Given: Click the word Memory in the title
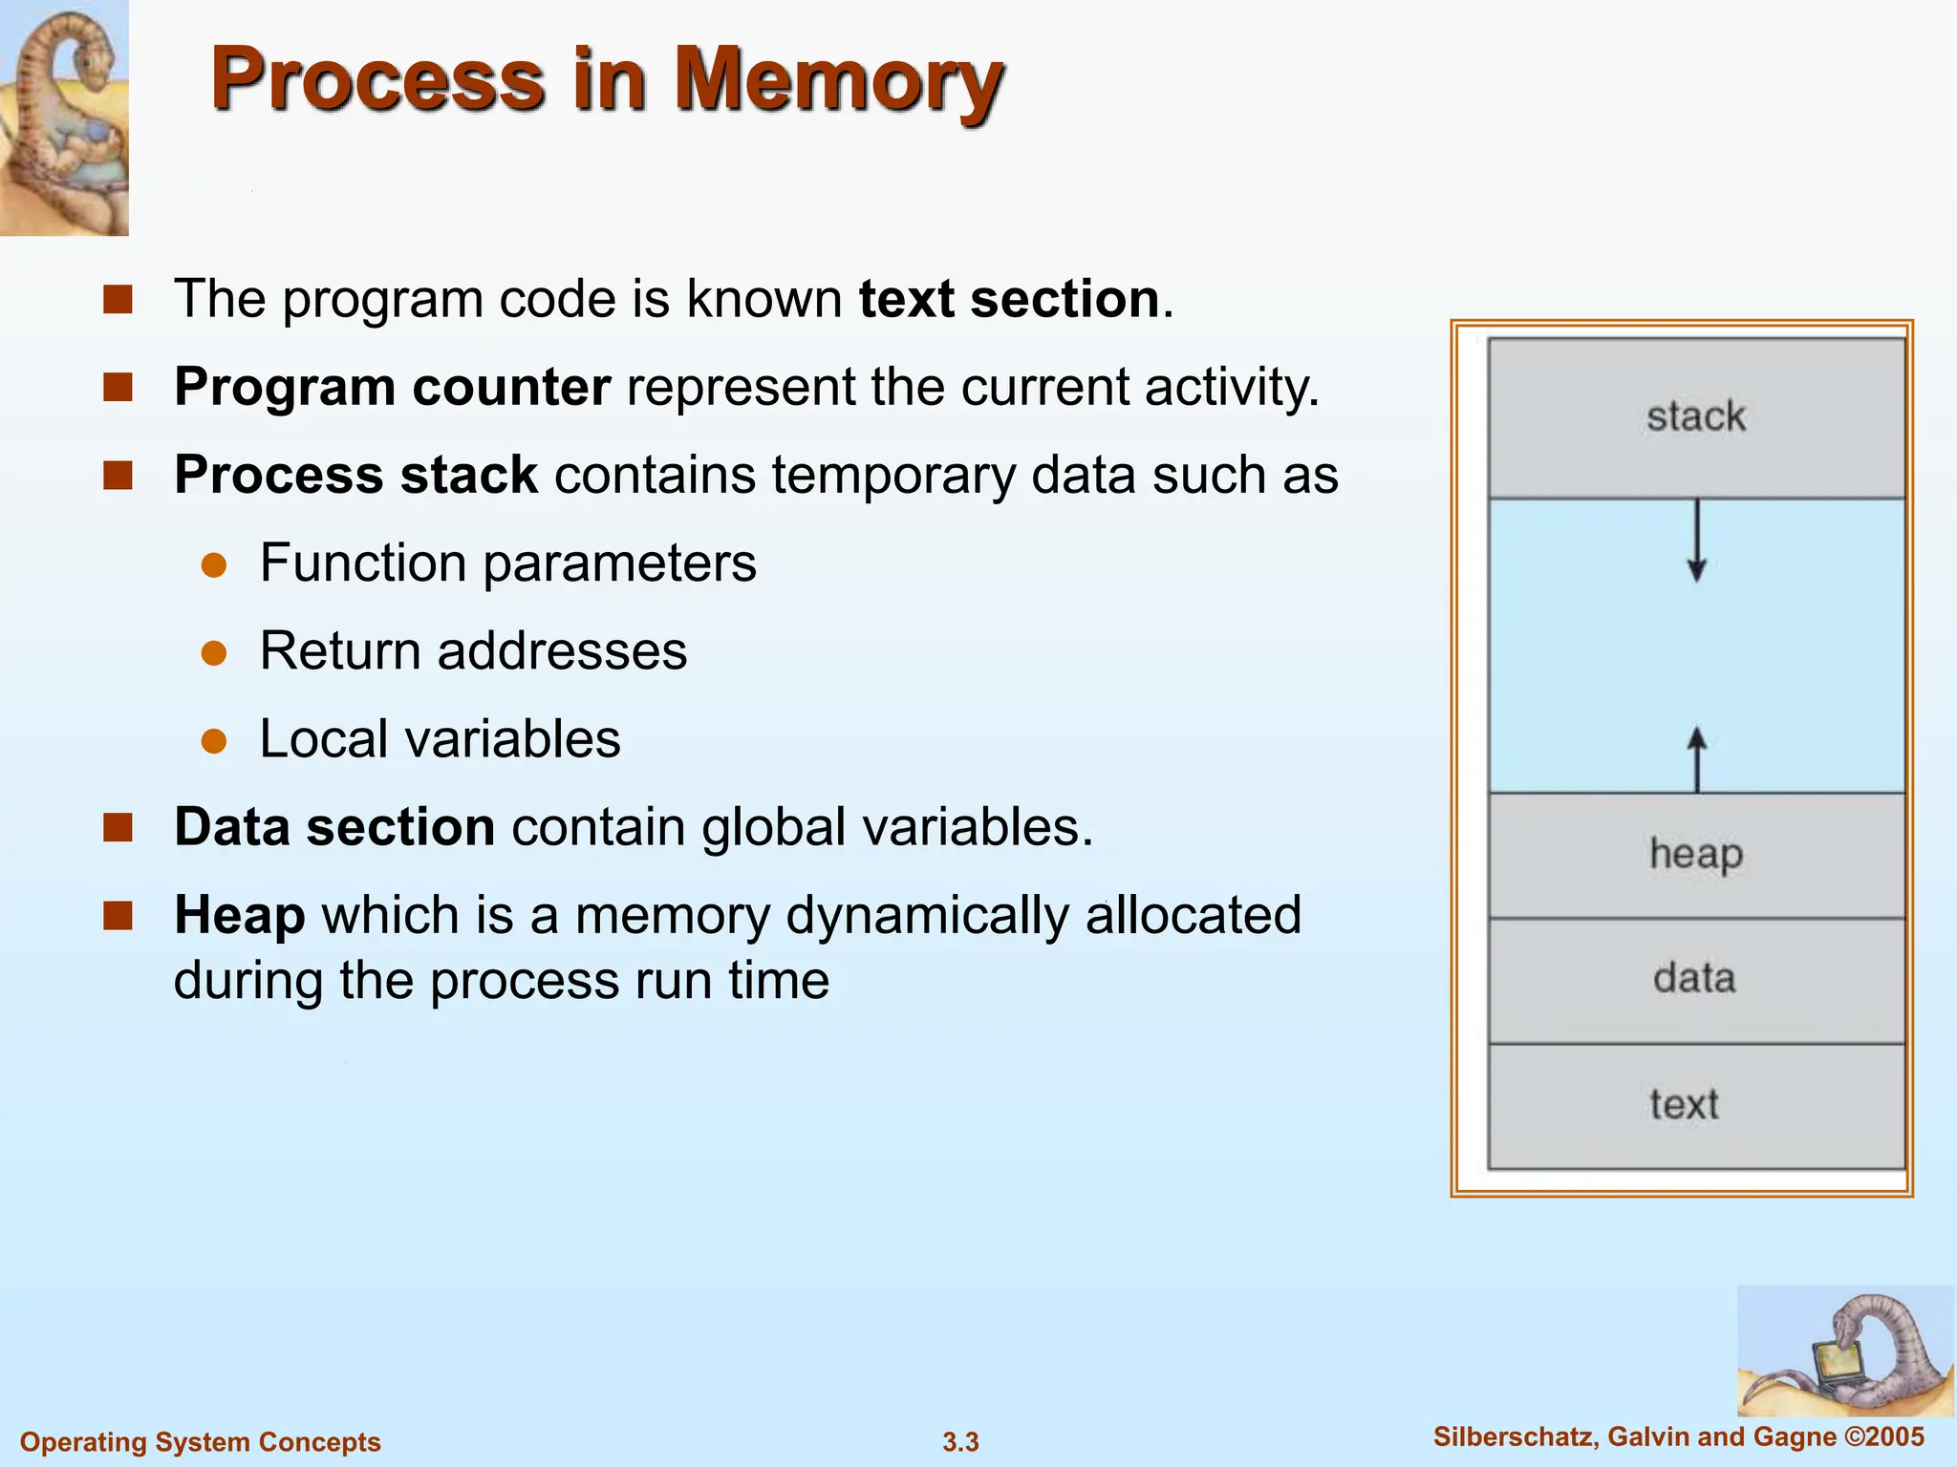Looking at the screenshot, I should click(839, 81).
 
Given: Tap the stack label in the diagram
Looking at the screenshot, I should click(1696, 417).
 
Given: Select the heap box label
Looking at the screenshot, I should click(1696, 854).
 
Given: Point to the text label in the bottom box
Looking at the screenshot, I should click(1684, 1105).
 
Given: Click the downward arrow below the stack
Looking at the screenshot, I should click(1697, 544).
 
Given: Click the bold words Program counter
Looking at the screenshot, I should click(392, 388).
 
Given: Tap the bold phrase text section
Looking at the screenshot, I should click(1009, 299).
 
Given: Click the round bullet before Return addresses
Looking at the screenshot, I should click(214, 653).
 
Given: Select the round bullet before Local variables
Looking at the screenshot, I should click(214, 741).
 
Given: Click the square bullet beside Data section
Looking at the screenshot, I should click(118, 827).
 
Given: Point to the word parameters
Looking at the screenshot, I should click(619, 563).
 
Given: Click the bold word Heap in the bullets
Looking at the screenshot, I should click(240, 915).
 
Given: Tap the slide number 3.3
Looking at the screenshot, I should click(960, 1442).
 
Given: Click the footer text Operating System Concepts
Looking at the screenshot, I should click(201, 1442).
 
